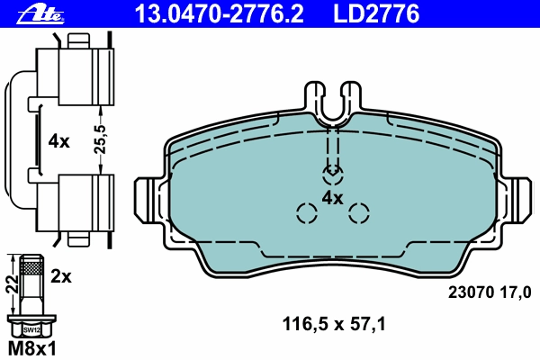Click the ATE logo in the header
click(41, 14)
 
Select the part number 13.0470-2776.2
click(220, 13)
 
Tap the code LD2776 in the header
click(376, 13)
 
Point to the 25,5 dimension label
click(100, 139)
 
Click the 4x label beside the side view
click(58, 141)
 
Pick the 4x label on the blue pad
click(332, 198)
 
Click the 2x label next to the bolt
click(61, 276)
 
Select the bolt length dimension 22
click(12, 284)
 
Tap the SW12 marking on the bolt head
click(31, 330)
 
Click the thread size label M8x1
click(31, 348)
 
